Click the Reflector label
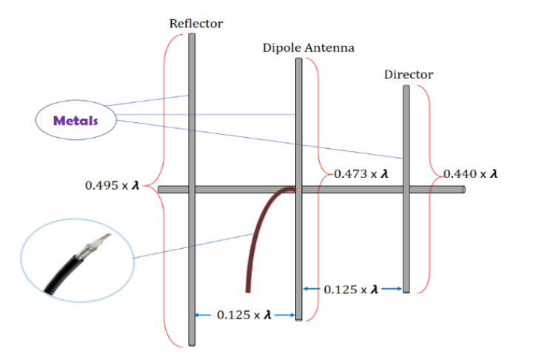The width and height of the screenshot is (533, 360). tap(196, 23)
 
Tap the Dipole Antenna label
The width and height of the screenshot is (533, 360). tap(308, 48)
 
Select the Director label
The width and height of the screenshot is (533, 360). tap(409, 74)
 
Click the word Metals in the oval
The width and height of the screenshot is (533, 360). tap(76, 121)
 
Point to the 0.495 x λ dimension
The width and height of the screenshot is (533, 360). tap(113, 184)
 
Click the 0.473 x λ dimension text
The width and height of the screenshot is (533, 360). tap(361, 174)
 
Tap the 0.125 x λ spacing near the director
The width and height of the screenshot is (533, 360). tap(352, 288)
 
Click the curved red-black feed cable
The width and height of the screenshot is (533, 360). tap(255, 230)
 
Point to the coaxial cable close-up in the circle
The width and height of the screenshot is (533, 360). tap(78, 259)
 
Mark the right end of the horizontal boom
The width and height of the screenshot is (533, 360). tap(463, 190)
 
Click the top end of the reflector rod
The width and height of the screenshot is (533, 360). tap(192, 35)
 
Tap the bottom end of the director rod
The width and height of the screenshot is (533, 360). tap(406, 291)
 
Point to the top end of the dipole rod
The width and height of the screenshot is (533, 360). tap(299, 60)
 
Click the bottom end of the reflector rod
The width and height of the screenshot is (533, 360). tap(192, 344)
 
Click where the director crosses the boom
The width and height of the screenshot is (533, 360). tap(406, 190)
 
